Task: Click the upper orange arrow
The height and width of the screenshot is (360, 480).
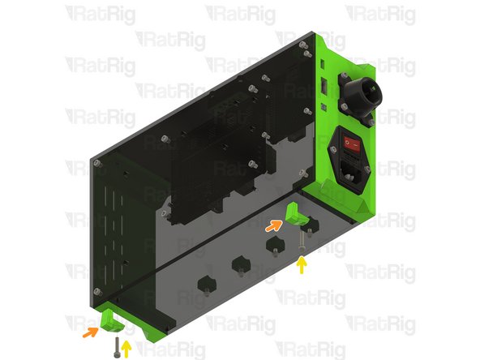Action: coord(273,228)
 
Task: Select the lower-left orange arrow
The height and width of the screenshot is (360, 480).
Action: coord(89,331)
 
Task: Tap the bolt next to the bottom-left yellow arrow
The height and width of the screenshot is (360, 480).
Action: coord(117,348)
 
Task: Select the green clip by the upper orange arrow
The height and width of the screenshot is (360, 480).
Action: coord(295,216)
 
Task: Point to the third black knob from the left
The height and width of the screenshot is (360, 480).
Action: coord(274,244)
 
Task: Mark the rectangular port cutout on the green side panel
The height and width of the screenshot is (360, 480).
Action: coord(324,84)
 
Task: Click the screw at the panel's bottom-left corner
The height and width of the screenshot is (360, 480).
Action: coord(97,290)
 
